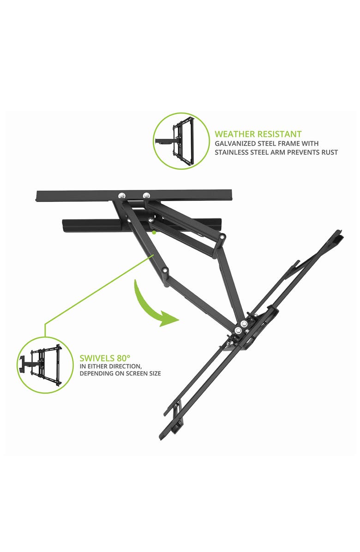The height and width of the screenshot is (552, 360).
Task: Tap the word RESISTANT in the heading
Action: [x=281, y=134]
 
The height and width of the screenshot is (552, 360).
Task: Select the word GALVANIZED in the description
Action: [x=233, y=144]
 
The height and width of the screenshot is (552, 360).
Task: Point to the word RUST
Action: [x=329, y=152]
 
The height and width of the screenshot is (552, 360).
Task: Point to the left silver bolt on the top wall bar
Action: [x=121, y=195]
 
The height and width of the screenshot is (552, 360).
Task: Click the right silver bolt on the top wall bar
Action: [x=146, y=195]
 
